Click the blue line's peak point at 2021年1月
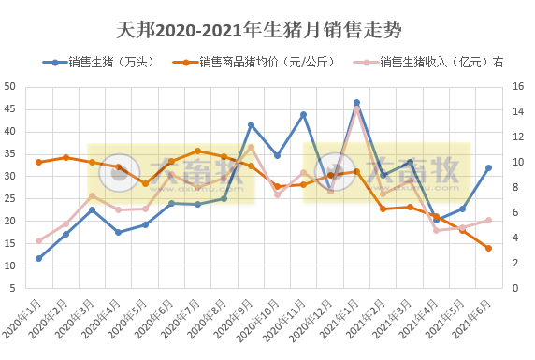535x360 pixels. pyautogui.click(x=356, y=102)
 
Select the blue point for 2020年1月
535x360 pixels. pyautogui.click(x=38, y=258)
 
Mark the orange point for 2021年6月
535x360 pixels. pyautogui.click(x=488, y=248)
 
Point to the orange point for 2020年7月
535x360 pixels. pyautogui.click(x=197, y=151)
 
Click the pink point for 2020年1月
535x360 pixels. pyautogui.click(x=38, y=240)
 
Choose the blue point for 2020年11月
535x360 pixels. pyautogui.click(x=303, y=114)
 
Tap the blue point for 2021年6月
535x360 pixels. pyautogui.click(x=488, y=168)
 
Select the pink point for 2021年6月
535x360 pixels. pyautogui.click(x=488, y=221)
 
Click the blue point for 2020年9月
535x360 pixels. pyautogui.click(x=251, y=124)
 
